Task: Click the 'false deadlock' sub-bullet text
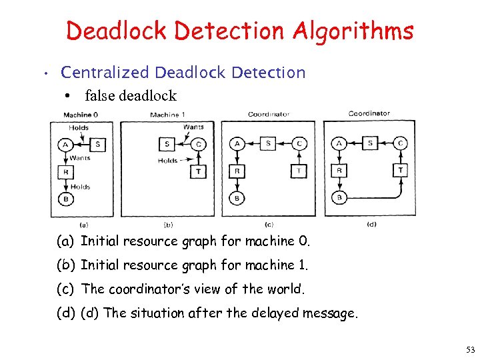tap(131, 95)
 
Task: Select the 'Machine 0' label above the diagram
tap(81, 115)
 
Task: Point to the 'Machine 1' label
tap(167, 115)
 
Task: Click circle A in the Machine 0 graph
tap(65, 144)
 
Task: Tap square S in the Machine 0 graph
tap(98, 144)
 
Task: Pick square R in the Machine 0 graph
tap(65, 172)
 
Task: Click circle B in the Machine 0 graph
tap(65, 199)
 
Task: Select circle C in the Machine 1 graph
tap(199, 144)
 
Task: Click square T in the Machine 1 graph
tap(199, 171)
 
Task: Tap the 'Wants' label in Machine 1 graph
tap(193, 127)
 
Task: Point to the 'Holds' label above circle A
tap(79, 127)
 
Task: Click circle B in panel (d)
tap(339, 197)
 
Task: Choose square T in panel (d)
tap(400, 170)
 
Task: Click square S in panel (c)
tap(268, 143)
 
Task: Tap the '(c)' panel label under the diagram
tap(269, 224)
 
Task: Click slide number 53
tap(471, 349)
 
